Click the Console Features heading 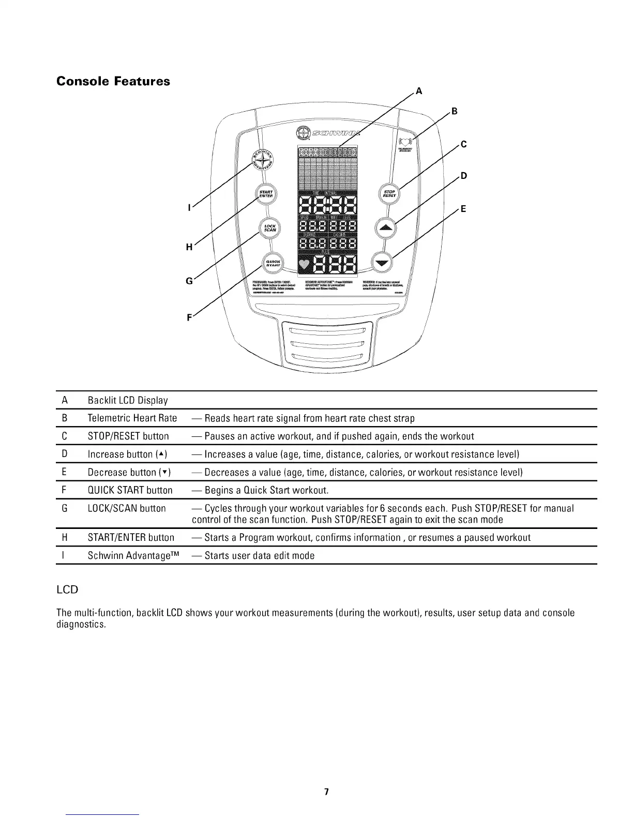tap(113, 81)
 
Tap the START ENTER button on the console tap(266, 194)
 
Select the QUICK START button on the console tap(273, 263)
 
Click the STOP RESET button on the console tap(389, 194)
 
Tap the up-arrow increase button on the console tap(385, 228)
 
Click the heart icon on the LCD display tap(305, 265)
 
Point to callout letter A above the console tap(419, 92)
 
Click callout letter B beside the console tap(454, 111)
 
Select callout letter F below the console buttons tap(189, 318)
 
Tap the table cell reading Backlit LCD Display tap(128, 400)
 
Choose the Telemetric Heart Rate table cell tap(132, 418)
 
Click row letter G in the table tap(65, 508)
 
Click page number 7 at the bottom tap(326, 792)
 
